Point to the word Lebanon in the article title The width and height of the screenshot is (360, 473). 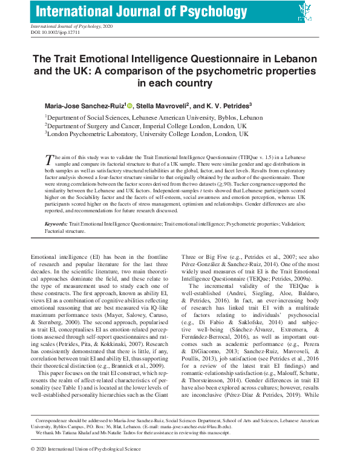click(299, 60)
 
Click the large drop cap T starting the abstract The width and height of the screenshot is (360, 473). click(50, 160)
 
